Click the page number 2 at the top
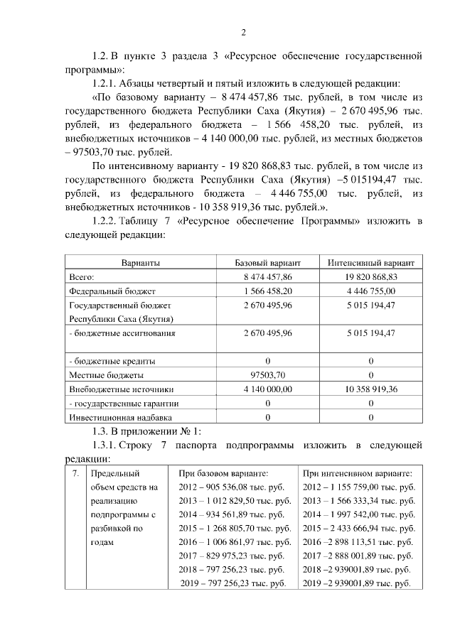coord(243,33)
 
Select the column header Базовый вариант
coord(267,263)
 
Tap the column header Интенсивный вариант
coord(371,263)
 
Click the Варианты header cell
coord(140,263)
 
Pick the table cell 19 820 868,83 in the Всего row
coord(371,277)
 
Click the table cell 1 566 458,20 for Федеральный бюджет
coord(267,291)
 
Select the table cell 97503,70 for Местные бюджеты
coord(267,374)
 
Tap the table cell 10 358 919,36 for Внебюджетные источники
coord(371,389)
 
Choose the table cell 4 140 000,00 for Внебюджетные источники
coord(267,389)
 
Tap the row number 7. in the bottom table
coord(75,472)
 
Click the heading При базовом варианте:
coord(223,472)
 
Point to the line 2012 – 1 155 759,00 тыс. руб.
coord(358,487)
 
